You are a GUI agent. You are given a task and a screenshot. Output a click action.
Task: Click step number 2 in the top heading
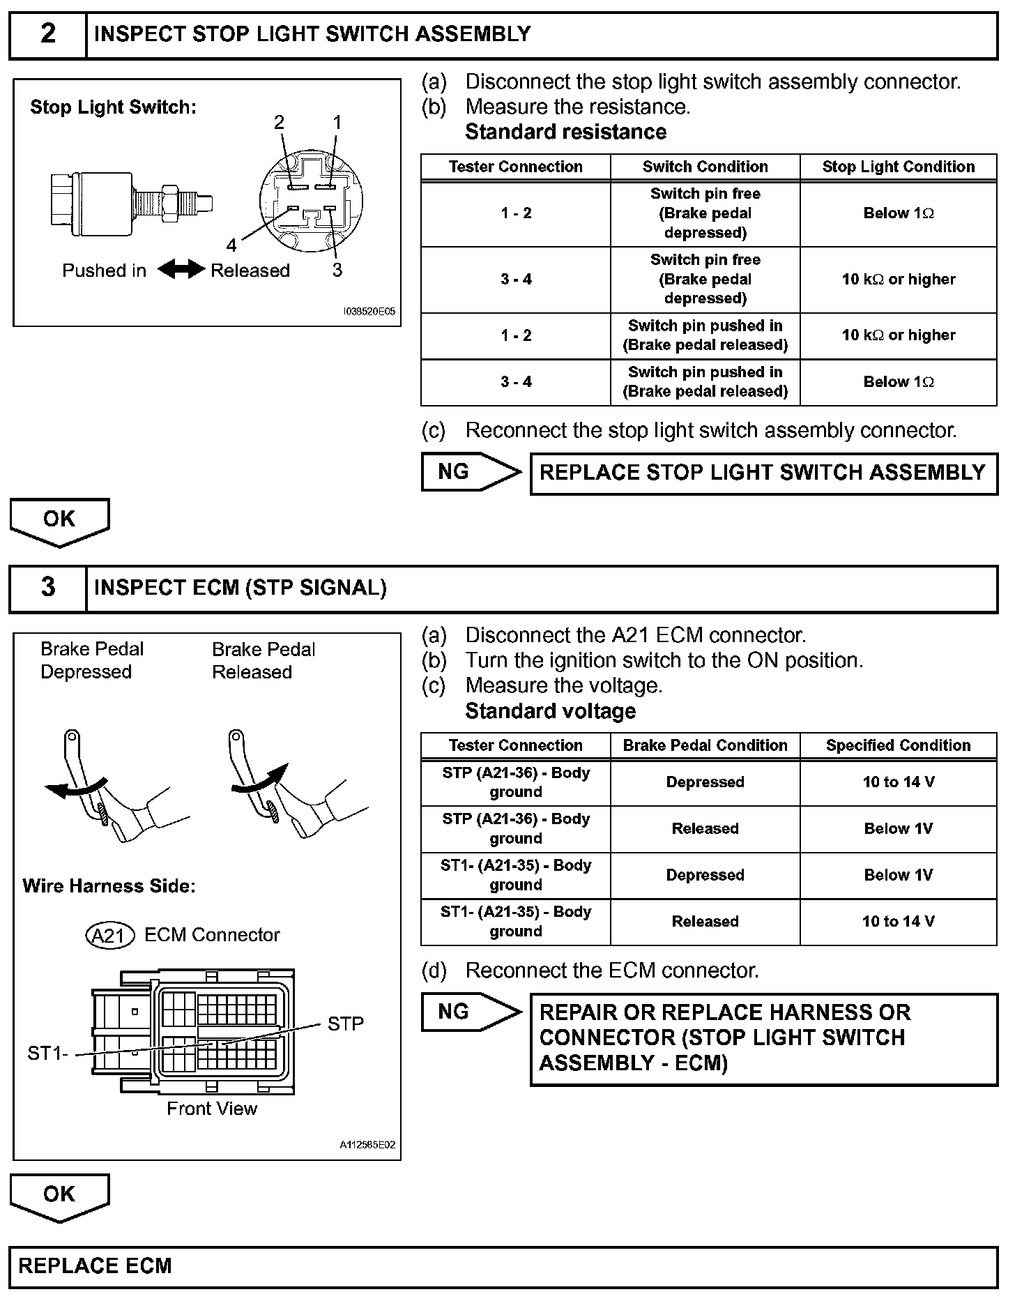[47, 34]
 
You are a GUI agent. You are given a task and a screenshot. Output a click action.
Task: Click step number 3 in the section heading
[47, 588]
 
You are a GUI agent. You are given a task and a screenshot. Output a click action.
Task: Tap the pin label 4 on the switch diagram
[231, 245]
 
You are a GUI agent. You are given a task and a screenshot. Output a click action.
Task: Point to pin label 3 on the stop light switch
[337, 270]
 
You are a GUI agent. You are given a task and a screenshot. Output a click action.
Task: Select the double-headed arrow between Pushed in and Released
[181, 270]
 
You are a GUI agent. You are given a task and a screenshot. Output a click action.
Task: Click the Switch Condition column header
[705, 167]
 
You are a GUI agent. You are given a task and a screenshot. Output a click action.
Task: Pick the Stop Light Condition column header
[898, 167]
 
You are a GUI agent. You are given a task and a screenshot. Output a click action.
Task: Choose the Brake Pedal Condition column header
[705, 745]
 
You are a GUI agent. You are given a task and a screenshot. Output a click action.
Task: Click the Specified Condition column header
[898, 745]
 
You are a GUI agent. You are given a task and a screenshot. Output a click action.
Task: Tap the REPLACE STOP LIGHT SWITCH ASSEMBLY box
[763, 473]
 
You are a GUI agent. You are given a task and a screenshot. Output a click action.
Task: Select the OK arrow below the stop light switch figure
[60, 521]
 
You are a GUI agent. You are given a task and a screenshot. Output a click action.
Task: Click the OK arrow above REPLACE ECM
[60, 1196]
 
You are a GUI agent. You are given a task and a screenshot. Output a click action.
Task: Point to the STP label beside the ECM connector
[346, 1024]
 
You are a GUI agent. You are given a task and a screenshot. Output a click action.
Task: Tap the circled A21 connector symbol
[109, 936]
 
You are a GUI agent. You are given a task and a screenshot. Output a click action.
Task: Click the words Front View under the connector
[212, 1109]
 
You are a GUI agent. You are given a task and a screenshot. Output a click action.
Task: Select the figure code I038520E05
[369, 312]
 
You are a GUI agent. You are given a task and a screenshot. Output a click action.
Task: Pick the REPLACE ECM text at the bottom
[95, 1266]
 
